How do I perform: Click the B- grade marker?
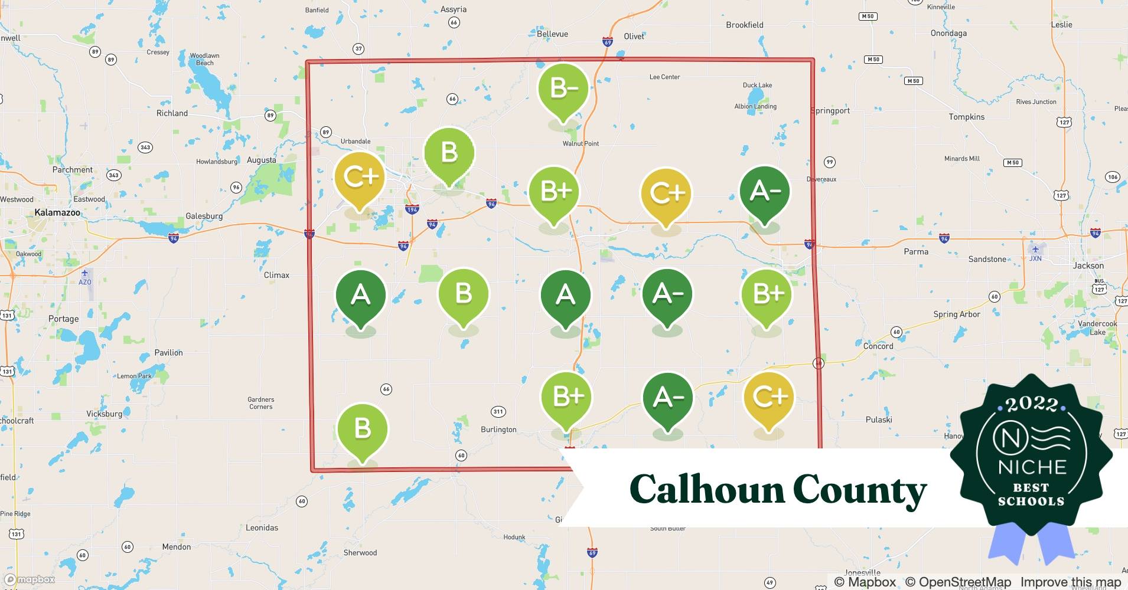[563, 89]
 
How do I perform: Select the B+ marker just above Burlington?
[567, 397]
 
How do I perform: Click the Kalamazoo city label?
[57, 212]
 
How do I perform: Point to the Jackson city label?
[1088, 265]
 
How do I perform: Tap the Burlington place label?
[498, 430]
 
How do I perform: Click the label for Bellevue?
[552, 34]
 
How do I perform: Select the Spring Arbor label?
[956, 314]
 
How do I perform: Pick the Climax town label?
[276, 276]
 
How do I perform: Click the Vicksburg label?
[104, 414]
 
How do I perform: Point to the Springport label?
[830, 110]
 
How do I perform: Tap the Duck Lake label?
[757, 86]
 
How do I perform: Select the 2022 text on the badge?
[1032, 404]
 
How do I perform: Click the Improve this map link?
[1070, 582]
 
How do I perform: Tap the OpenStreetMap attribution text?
[958, 582]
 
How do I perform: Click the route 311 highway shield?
[498, 412]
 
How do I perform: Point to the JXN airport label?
[1035, 258]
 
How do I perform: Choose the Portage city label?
[63, 319]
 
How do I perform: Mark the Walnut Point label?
[581, 143]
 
